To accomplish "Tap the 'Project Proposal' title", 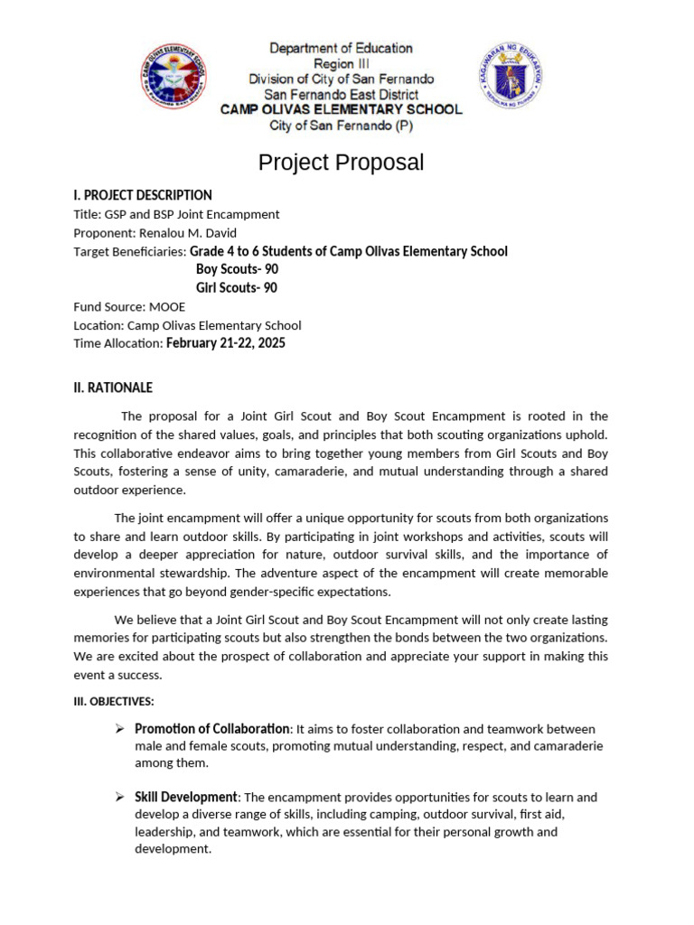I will pos(341,163).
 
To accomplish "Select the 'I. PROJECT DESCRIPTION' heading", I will pos(143,195).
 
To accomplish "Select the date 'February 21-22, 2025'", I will pos(226,343).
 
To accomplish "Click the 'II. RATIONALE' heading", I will pos(113,388).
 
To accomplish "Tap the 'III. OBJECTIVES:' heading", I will pos(114,701).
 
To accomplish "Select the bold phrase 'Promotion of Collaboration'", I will pos(212,729).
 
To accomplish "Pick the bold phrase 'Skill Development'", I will pos(186,798).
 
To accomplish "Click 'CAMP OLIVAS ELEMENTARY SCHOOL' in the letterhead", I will pos(342,109).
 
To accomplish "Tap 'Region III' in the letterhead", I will pos(341,64).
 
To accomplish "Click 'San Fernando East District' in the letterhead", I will pos(341,94).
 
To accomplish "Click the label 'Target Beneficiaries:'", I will pos(130,252).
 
